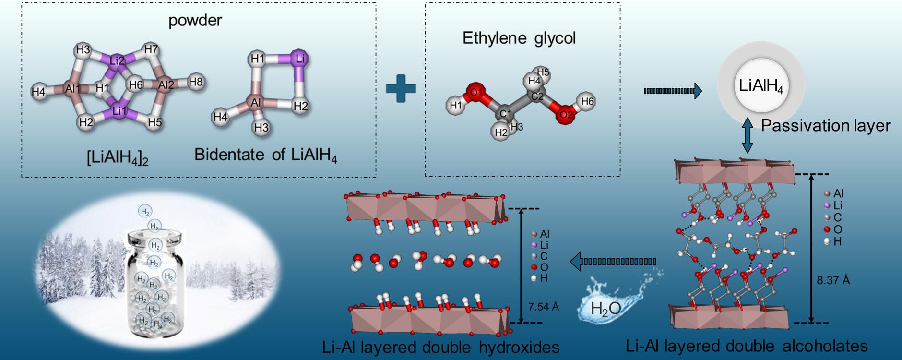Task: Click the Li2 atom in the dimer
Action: tap(118, 61)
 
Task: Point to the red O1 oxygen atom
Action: tap(475, 93)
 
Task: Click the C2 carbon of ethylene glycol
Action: tap(537, 96)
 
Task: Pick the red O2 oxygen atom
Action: tap(566, 115)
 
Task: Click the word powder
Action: tap(195, 21)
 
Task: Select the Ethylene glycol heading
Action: tap(519, 38)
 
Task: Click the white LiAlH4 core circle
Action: tap(761, 87)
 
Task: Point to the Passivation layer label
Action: tap(825, 126)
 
